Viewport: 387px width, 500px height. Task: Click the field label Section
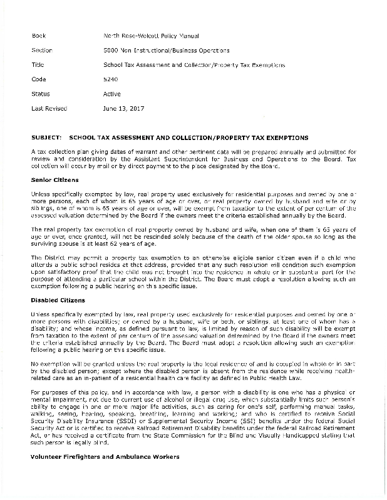click(x=41, y=50)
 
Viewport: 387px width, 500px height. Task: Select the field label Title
click(x=37, y=64)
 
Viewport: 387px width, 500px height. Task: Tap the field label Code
click(x=38, y=79)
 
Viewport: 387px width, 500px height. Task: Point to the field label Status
click(x=40, y=94)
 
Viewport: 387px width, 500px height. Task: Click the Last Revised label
click(x=49, y=108)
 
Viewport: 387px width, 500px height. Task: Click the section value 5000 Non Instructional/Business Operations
click(x=166, y=50)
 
